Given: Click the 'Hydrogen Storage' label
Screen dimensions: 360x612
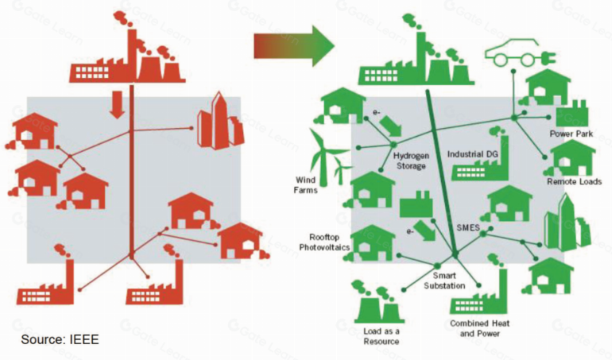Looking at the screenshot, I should tap(410, 161).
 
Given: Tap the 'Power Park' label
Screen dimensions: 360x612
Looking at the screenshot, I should tap(570, 134).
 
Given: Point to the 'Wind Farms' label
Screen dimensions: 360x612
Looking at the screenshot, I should tap(306, 184).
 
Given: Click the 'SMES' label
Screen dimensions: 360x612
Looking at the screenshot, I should tap(467, 228).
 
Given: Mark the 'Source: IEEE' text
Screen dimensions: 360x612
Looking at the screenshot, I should tap(60, 339).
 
